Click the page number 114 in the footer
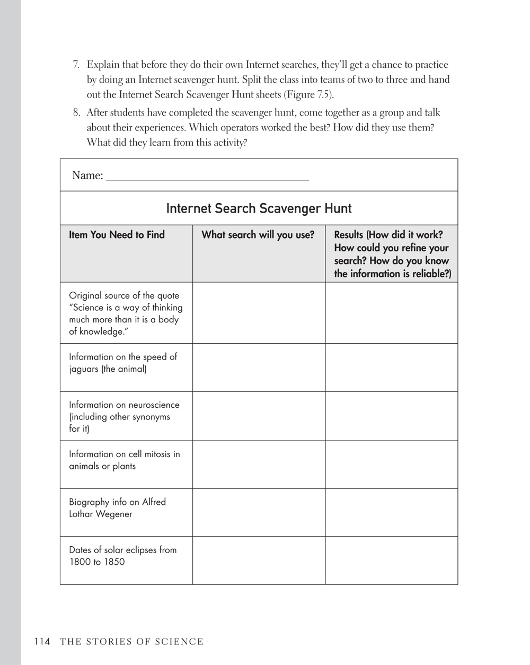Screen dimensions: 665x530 42,642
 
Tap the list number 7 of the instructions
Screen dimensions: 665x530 76,65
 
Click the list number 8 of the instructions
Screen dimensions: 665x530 76,113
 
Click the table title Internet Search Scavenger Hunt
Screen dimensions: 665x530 259,208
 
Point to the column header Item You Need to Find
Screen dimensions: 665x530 117,235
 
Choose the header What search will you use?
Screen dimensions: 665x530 258,235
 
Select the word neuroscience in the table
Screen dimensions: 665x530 154,405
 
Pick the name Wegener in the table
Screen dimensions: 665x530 114,514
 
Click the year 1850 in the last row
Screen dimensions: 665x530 114,562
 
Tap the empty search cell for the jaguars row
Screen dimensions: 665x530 259,367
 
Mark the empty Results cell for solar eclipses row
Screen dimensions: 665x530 391,561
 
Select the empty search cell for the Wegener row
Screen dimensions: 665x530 259,512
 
